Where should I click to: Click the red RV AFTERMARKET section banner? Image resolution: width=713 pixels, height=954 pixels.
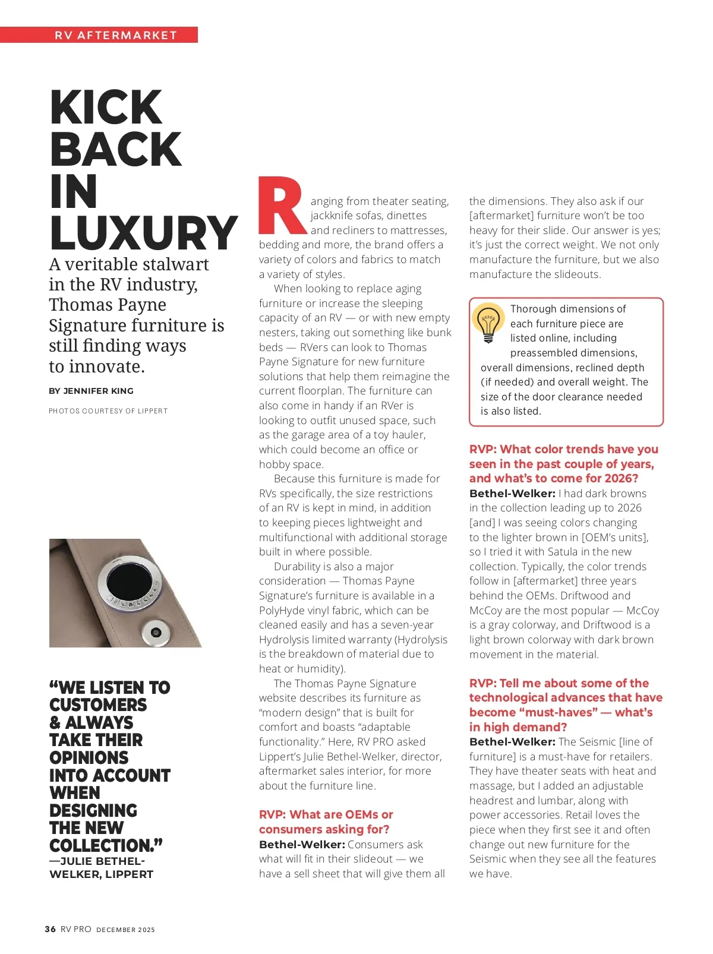[x=116, y=35]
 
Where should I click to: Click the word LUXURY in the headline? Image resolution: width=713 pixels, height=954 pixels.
[x=144, y=233]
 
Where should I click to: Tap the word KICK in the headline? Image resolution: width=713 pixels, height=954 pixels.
[x=106, y=108]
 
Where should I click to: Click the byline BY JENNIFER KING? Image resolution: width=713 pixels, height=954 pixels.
[x=91, y=391]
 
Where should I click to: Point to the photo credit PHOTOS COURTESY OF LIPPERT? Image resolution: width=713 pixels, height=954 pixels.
[x=108, y=411]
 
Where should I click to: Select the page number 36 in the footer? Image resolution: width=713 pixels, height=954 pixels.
[x=51, y=929]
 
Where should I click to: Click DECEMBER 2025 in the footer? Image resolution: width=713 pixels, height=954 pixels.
[x=125, y=930]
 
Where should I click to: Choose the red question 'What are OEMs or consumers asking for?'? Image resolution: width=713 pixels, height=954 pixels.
[x=326, y=822]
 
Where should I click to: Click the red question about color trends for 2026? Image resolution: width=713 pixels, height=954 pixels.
[x=563, y=464]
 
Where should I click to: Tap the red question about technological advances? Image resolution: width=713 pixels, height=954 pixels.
[x=565, y=705]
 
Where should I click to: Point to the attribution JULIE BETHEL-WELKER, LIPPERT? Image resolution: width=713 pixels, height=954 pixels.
[x=101, y=868]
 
